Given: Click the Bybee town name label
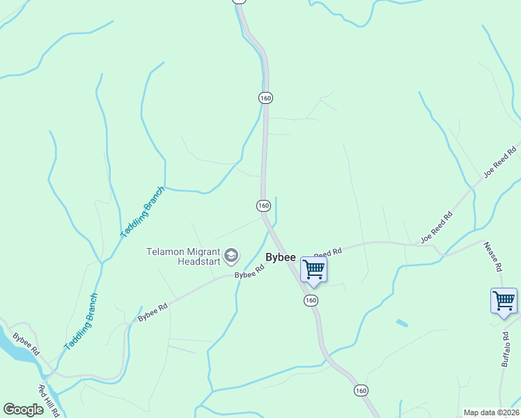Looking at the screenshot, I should coord(281,257).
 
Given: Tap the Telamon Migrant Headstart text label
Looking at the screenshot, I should coord(183,256).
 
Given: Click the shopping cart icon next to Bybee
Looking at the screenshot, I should coord(313,268).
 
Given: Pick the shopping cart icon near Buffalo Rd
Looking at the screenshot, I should coord(504,301).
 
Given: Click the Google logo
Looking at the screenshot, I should coord(23,410).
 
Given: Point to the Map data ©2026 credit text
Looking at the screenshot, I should coord(492,412).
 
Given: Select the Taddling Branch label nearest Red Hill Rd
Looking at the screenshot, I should coord(81,321).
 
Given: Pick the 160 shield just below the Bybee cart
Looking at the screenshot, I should coord(311,300).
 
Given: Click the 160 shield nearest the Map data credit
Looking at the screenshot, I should coord(360,389).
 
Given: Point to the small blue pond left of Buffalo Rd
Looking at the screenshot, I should coord(401,323).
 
